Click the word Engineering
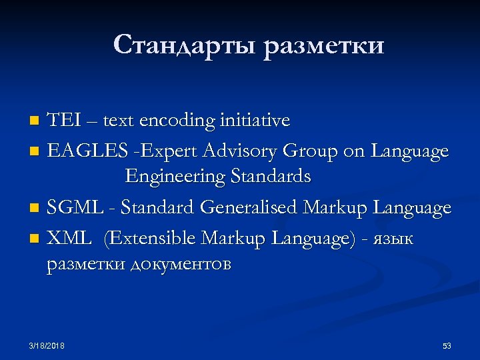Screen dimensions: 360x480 tap(175, 177)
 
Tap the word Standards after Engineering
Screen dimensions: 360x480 tap(271, 176)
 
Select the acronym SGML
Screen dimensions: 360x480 tap(75, 208)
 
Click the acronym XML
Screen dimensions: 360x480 tap(69, 239)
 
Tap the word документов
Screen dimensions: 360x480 tap(181, 265)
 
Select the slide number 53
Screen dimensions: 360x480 tap(447, 345)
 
